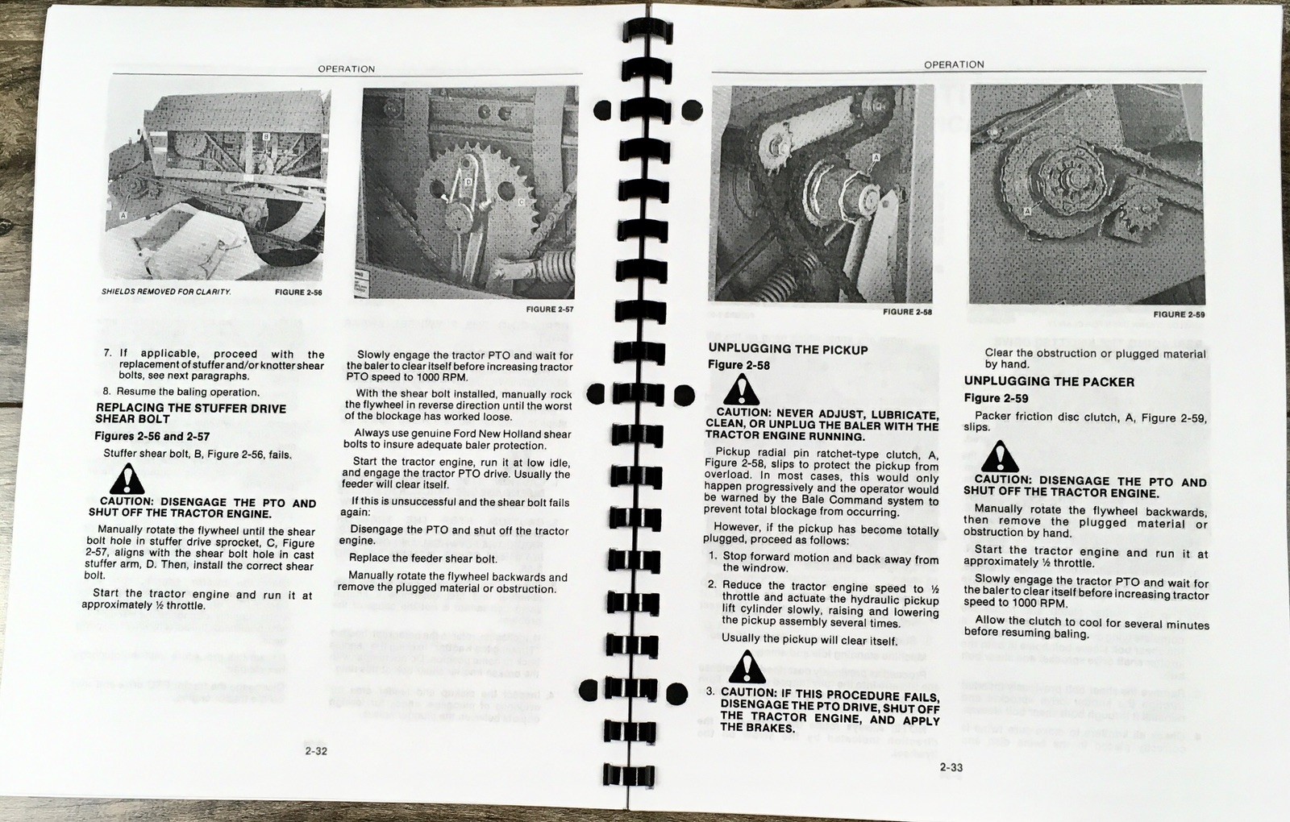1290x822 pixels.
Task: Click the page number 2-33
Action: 951,767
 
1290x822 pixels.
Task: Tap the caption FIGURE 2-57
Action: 550,309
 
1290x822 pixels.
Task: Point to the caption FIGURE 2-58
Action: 907,312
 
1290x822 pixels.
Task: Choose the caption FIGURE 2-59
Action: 1179,314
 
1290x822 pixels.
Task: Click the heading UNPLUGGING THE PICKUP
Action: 788,350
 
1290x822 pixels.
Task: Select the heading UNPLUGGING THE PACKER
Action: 1049,382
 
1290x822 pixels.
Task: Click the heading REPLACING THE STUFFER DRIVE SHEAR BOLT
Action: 190,413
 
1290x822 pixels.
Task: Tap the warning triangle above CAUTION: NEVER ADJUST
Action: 740,391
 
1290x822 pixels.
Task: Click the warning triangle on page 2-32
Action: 127,481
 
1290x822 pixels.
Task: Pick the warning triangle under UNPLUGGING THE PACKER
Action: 1000,458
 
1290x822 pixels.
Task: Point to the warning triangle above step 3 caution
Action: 747,668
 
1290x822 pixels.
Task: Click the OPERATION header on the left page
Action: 346,69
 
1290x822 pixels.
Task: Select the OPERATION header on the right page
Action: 954,64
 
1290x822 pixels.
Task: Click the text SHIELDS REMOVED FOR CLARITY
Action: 166,292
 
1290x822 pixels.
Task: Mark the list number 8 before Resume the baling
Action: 107,392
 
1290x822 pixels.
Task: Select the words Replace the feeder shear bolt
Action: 422,558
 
